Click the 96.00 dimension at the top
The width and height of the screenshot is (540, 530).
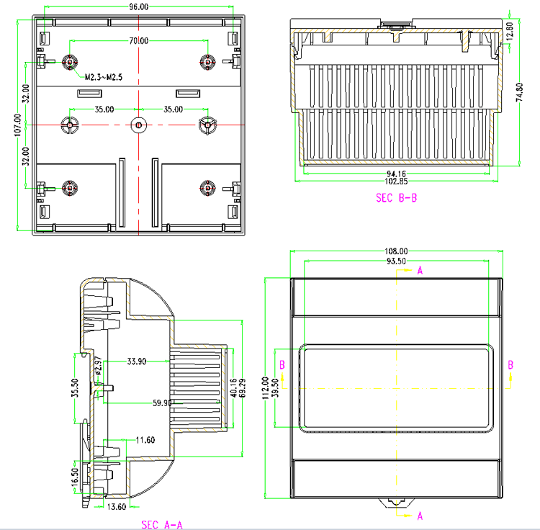point(138,6)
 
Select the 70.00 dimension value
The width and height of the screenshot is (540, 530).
point(138,41)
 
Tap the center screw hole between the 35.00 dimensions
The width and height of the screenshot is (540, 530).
point(138,125)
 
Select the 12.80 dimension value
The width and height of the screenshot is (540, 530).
point(510,30)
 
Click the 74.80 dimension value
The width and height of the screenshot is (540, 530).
point(519,91)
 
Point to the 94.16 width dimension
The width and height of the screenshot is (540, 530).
point(396,174)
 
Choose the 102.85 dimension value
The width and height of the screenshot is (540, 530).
point(396,181)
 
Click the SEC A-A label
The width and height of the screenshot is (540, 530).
point(162,524)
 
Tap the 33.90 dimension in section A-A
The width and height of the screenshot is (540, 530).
point(136,361)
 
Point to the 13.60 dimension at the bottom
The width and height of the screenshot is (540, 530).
point(117,507)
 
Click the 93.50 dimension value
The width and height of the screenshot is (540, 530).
point(396,261)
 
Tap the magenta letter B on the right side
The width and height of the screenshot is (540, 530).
point(510,365)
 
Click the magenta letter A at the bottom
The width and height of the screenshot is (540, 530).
point(420,516)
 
